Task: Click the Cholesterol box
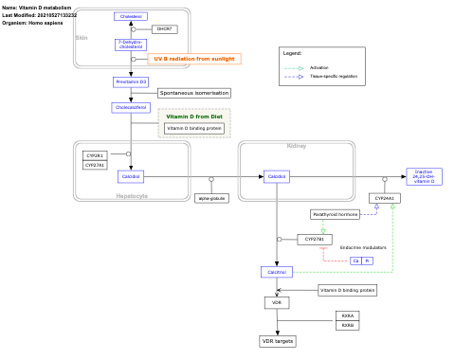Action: [x=131, y=16]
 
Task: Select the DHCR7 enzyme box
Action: [x=164, y=29]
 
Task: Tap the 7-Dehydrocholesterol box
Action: [x=131, y=44]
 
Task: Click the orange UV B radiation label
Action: [x=194, y=59]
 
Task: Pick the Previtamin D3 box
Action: [x=131, y=82]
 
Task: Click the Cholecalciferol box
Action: [x=131, y=108]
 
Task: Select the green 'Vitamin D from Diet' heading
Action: [x=194, y=117]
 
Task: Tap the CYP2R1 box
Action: [x=95, y=154]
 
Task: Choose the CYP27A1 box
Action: [x=95, y=165]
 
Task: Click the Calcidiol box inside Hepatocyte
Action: [x=131, y=176]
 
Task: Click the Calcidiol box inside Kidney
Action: [x=277, y=176]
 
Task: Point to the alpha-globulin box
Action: [x=211, y=198]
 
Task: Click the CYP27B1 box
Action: [x=315, y=240]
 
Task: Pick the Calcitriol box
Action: [x=277, y=272]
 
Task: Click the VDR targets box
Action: [x=277, y=340]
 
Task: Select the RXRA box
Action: [x=348, y=315]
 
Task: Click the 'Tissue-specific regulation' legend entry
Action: [x=334, y=76]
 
